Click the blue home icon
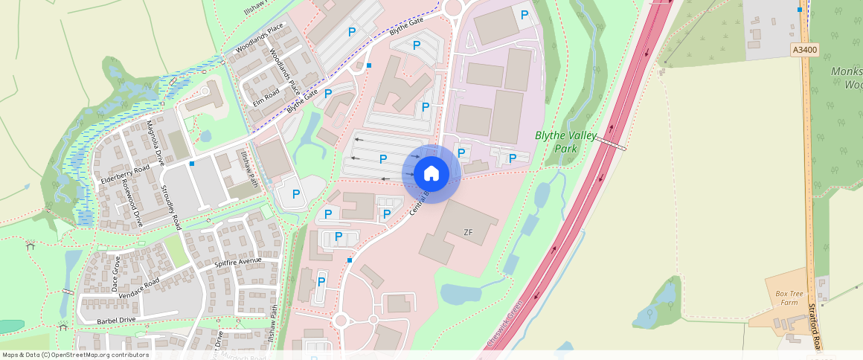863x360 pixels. coord(431,174)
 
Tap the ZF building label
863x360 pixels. coord(468,233)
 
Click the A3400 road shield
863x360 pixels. coord(804,51)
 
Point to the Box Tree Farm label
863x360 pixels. coord(785,298)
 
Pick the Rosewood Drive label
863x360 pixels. coord(132,202)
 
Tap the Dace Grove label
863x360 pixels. coord(115,273)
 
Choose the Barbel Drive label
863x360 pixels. coord(117,320)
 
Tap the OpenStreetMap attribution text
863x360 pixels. coord(74,355)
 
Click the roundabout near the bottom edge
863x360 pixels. coord(341,321)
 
